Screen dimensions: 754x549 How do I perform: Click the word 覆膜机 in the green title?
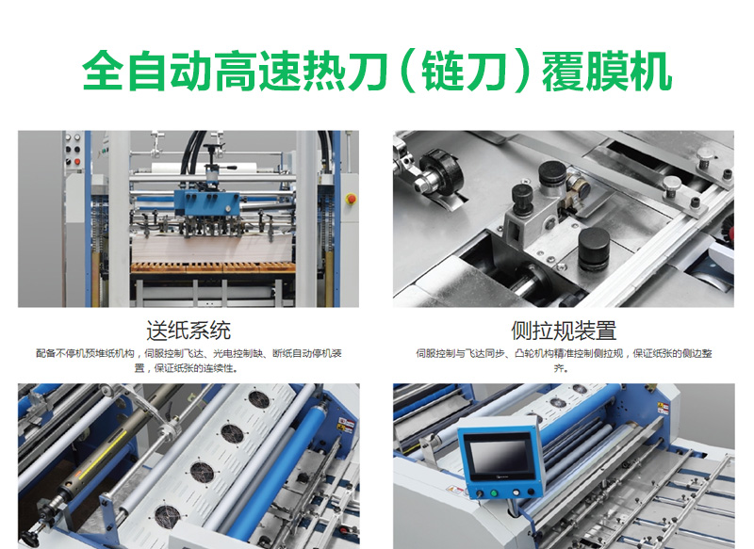tap(607, 73)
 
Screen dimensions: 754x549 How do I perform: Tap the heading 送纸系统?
tap(188, 331)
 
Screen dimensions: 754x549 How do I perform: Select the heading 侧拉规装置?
tap(564, 331)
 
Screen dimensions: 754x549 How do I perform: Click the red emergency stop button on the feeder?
tap(352, 198)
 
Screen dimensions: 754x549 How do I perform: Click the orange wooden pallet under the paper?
tap(213, 267)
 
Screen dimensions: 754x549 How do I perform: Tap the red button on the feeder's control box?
tap(76, 162)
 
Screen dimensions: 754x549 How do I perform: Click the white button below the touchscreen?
tap(516, 492)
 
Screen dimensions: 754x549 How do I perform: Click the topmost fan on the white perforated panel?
tap(259, 399)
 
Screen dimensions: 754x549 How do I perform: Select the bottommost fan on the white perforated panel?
tap(168, 515)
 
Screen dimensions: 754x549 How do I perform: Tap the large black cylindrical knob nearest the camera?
tap(594, 249)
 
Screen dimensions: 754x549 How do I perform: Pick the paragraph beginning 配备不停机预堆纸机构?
tap(188, 361)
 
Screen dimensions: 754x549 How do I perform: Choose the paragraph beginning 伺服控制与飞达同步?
tap(564, 361)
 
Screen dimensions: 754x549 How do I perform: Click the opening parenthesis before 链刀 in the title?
tap(408, 73)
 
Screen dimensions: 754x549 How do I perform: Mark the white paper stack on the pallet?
tap(213, 248)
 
